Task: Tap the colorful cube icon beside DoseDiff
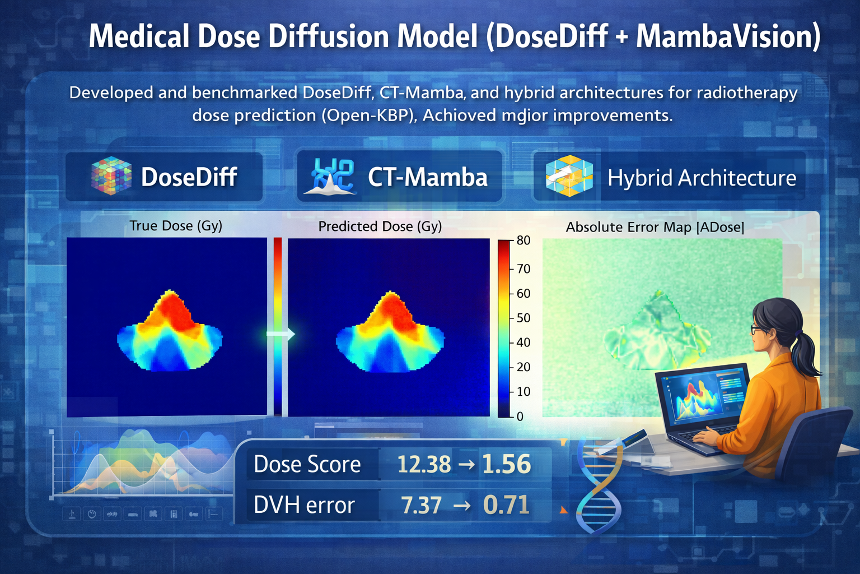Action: coord(111,175)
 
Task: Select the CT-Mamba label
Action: coord(427,177)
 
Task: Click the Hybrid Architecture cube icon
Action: coord(568,176)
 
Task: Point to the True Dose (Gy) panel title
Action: coord(176,225)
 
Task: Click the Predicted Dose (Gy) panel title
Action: coord(380,226)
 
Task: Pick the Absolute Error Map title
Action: coord(655,227)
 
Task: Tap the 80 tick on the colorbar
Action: coord(523,240)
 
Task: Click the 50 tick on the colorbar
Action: coord(523,318)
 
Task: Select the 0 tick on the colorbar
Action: coord(520,416)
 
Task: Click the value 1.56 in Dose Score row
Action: coord(506,464)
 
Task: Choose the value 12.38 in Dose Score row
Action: coord(424,464)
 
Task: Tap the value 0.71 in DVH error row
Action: coord(506,505)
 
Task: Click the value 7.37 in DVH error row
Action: coord(421,505)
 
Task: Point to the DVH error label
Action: coord(304,505)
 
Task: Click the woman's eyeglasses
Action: coord(758,329)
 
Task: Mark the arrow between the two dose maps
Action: coord(281,334)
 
